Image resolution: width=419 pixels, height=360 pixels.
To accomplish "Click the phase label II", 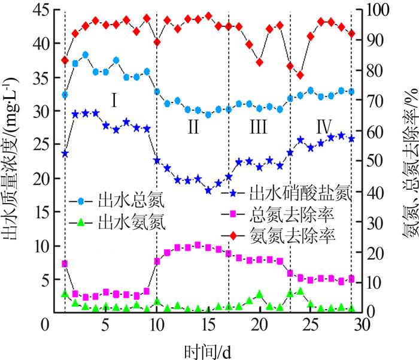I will pyautogui.click(x=193, y=126).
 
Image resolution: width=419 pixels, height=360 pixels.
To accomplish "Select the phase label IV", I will pyautogui.click(x=324, y=126).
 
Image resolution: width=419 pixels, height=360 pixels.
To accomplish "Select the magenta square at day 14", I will pyautogui.click(x=198, y=245).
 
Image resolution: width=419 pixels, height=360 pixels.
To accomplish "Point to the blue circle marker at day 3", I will pyautogui.click(x=86, y=55).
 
